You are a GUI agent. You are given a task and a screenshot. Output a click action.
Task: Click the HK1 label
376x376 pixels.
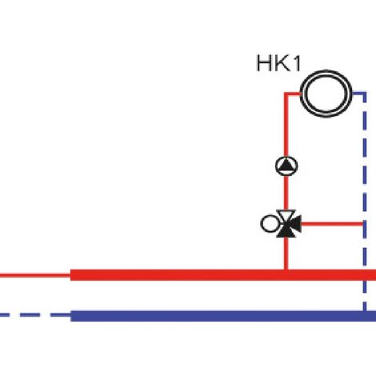click(278, 63)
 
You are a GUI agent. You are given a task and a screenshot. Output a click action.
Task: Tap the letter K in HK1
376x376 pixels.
click(281, 63)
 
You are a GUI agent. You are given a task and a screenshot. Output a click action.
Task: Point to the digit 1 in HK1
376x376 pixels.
click(297, 63)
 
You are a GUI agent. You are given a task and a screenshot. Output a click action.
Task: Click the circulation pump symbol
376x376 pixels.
click(286, 166)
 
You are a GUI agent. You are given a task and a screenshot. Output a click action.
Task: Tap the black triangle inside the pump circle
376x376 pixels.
click(286, 165)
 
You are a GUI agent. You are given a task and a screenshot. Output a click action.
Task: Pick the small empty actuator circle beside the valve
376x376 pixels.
click(269, 224)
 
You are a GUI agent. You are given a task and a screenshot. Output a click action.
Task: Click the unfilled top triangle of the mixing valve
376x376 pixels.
click(286, 214)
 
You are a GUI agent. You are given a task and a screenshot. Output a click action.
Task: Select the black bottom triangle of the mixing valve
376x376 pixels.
click(286, 233)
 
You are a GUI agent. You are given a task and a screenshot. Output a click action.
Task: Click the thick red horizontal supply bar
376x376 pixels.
click(223, 275)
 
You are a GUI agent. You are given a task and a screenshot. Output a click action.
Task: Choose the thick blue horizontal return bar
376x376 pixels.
click(223, 316)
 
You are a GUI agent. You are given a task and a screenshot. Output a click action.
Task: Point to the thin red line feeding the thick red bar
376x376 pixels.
click(35, 275)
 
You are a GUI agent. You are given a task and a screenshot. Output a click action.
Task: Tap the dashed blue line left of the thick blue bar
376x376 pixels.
click(35, 315)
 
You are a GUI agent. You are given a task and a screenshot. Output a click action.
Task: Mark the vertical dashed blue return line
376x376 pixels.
click(365, 202)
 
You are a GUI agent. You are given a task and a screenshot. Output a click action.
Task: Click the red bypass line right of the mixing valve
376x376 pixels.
click(332, 224)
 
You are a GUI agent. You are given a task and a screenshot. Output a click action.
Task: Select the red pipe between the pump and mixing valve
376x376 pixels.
click(286, 193)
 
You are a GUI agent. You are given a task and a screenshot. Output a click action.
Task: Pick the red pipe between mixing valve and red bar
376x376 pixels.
click(286, 254)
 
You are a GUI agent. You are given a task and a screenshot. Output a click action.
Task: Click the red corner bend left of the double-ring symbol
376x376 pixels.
click(286, 94)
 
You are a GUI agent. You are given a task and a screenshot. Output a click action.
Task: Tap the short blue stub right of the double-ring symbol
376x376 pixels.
click(359, 94)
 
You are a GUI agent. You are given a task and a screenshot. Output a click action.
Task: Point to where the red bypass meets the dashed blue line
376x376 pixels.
click(363, 224)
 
